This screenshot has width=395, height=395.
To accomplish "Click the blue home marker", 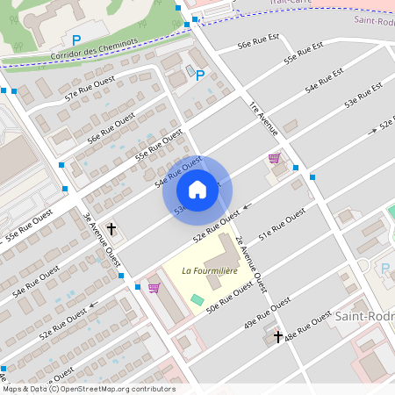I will click(x=197, y=190).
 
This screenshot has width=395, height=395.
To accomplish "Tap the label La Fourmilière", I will click(x=210, y=271).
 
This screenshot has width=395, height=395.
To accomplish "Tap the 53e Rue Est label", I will click(x=363, y=96).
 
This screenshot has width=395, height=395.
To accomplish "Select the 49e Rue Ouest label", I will click(x=268, y=312).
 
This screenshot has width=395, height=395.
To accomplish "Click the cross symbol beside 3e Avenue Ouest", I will click(x=111, y=229).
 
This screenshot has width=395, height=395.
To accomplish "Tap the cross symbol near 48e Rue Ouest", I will click(x=278, y=336).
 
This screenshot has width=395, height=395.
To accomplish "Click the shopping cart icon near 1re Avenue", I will click(x=274, y=158).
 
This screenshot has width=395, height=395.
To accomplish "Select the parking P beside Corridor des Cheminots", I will click(x=76, y=39).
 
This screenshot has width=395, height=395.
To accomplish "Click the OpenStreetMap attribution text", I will click(x=88, y=389).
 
